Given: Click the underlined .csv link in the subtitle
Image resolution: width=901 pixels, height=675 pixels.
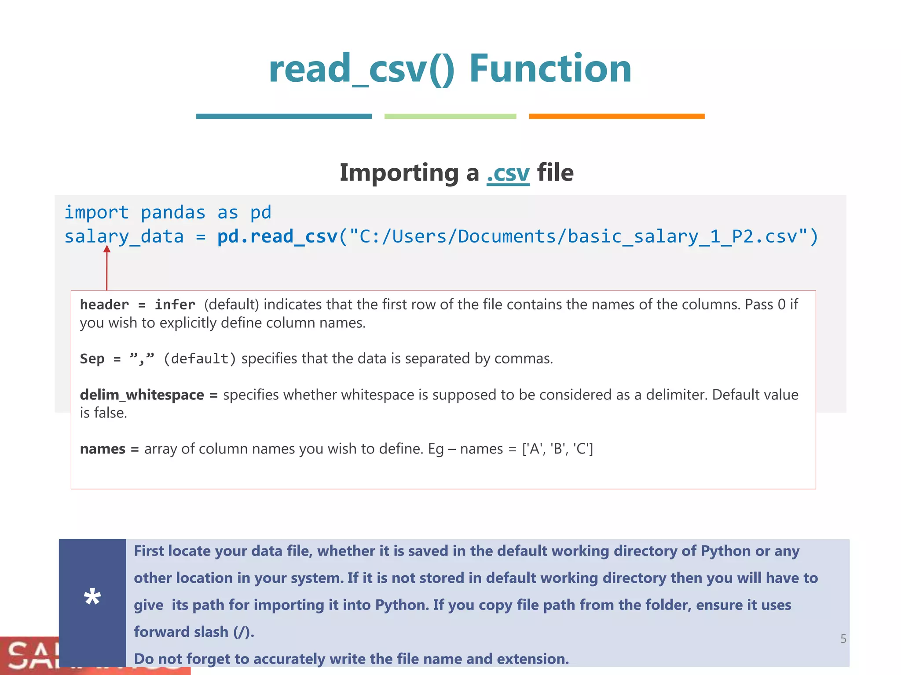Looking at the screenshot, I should click(508, 173).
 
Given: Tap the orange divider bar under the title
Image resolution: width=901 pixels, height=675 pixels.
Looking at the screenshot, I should click(616, 116).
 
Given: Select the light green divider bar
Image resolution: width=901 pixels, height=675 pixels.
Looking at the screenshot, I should click(450, 116).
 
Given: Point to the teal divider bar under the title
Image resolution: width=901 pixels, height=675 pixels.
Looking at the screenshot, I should click(284, 116).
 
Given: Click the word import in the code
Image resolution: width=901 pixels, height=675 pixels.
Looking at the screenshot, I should click(97, 213).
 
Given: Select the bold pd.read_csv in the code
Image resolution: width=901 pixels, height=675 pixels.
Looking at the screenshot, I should click(277, 237).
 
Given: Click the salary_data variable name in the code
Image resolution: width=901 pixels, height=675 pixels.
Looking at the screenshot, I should click(124, 237).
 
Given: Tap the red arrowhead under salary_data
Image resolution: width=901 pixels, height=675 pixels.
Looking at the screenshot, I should click(106, 249).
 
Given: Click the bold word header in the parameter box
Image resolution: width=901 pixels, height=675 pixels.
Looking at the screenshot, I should click(104, 305).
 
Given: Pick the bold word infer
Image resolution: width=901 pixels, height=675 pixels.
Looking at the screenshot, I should click(175, 305).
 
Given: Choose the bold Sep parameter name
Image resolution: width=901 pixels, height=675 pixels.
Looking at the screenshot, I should click(92, 359).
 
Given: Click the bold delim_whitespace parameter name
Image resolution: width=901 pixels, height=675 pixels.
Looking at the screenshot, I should click(142, 395).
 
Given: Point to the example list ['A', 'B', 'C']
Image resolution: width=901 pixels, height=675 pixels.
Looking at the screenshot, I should click(557, 449).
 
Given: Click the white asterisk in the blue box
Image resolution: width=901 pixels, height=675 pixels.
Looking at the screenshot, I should click(92, 598).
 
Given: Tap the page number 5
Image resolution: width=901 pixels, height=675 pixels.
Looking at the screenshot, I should click(843, 639).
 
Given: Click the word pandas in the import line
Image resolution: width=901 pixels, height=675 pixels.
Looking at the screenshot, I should click(173, 213).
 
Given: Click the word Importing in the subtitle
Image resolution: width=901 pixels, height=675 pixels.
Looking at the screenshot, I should click(399, 173).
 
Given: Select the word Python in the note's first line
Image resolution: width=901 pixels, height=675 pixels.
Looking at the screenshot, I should click(725, 551).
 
